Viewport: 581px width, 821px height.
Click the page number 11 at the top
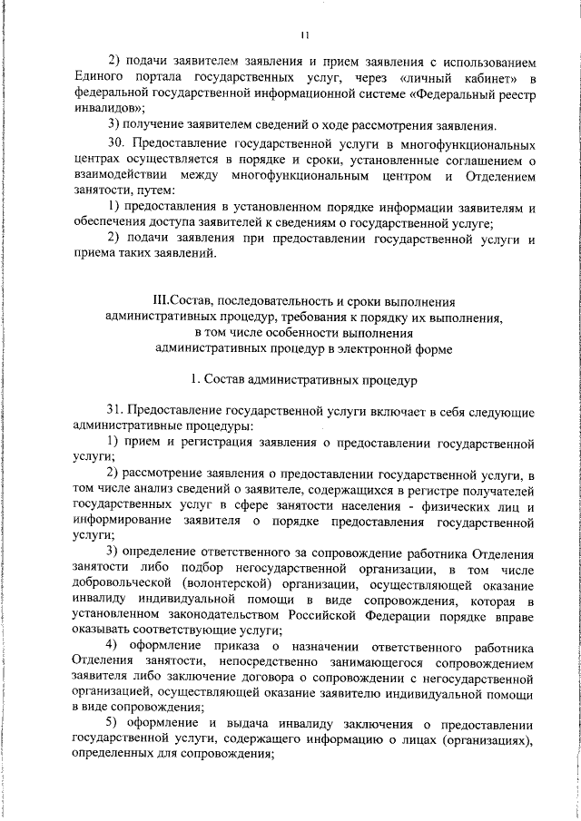coord(305,35)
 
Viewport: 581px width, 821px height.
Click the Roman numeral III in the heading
coord(164,300)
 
